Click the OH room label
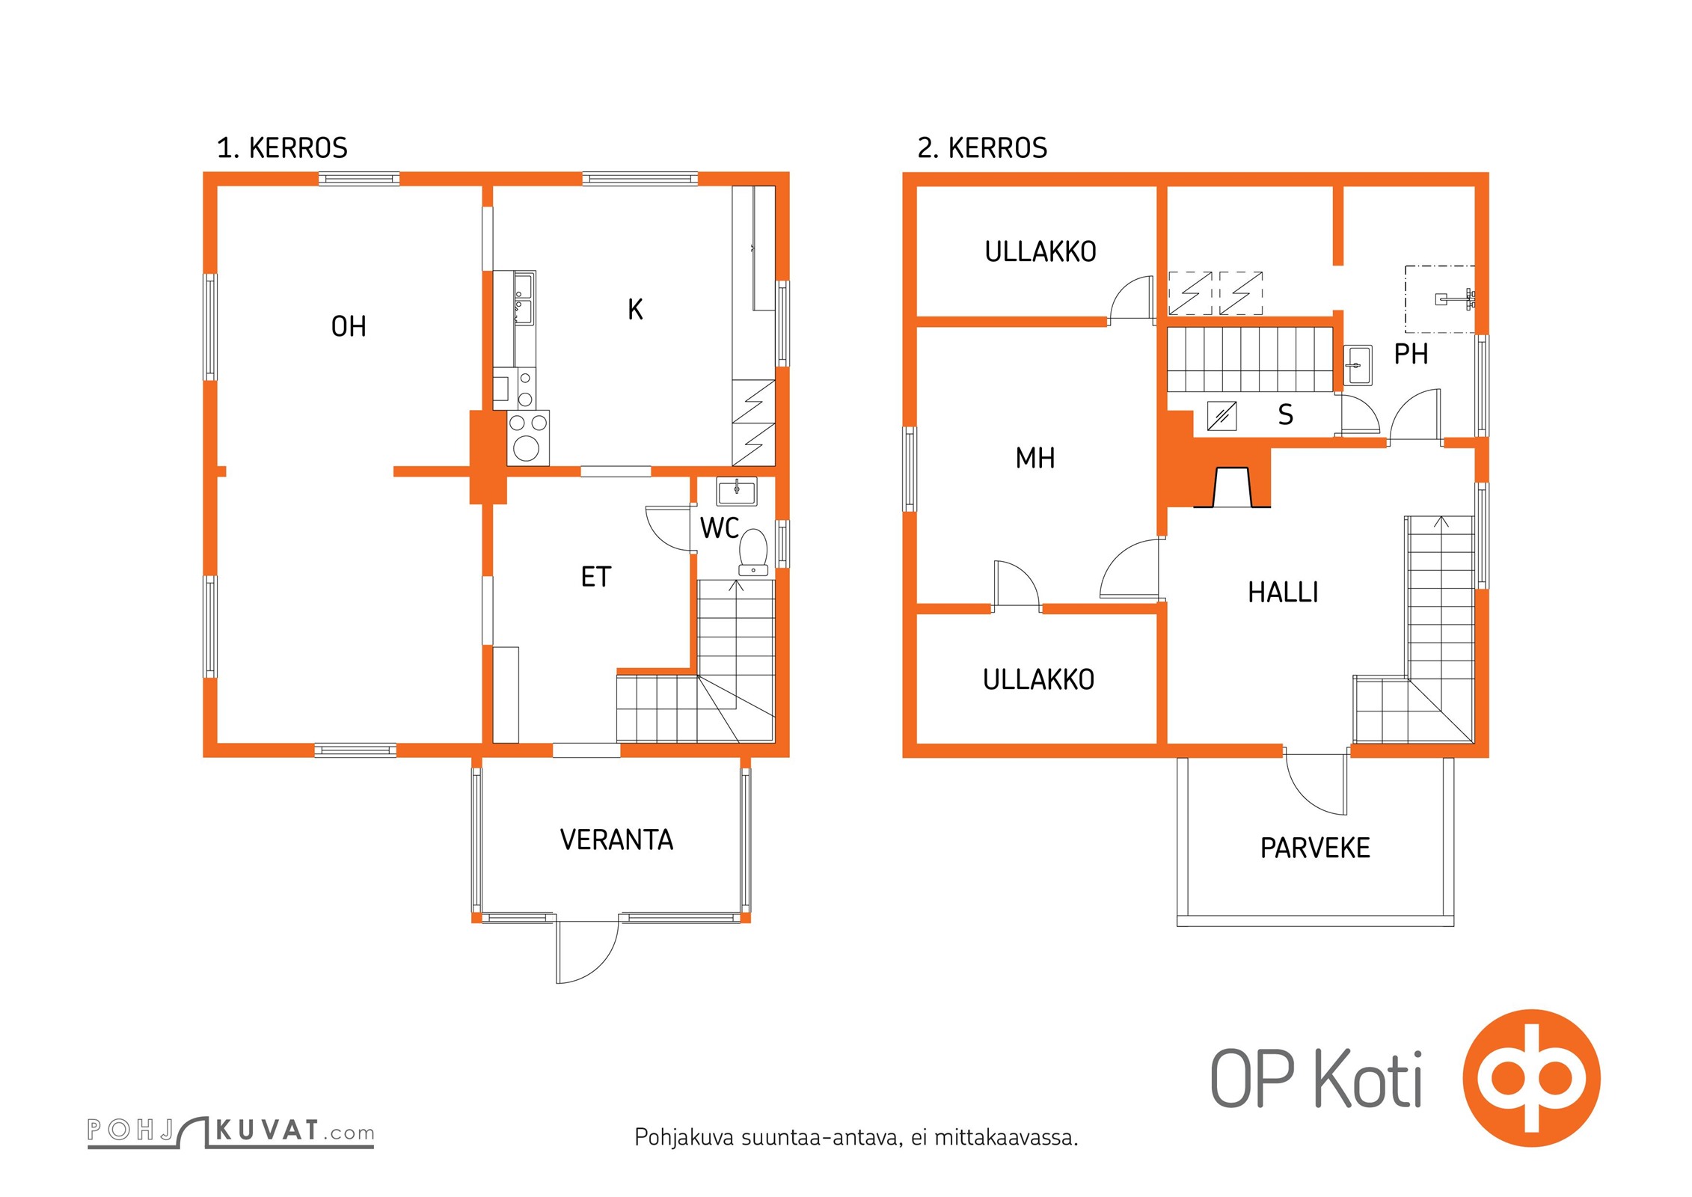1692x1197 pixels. click(349, 326)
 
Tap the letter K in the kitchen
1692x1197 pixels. click(635, 309)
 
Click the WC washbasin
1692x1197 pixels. click(737, 492)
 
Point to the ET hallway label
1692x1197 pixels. click(596, 577)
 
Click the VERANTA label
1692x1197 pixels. click(616, 839)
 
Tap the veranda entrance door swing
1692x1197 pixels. click(588, 951)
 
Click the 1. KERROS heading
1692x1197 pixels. click(282, 148)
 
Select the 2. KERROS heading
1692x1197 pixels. click(982, 148)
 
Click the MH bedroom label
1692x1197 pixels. click(1035, 458)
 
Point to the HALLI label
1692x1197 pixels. click(1283, 593)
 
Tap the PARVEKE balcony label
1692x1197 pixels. click(1315, 848)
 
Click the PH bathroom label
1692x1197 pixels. click(1411, 354)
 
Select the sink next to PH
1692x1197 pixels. click(1358, 365)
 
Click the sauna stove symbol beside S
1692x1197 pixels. click(1222, 415)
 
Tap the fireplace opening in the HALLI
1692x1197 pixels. click(1232, 488)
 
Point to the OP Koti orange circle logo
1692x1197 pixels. click(1532, 1078)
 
